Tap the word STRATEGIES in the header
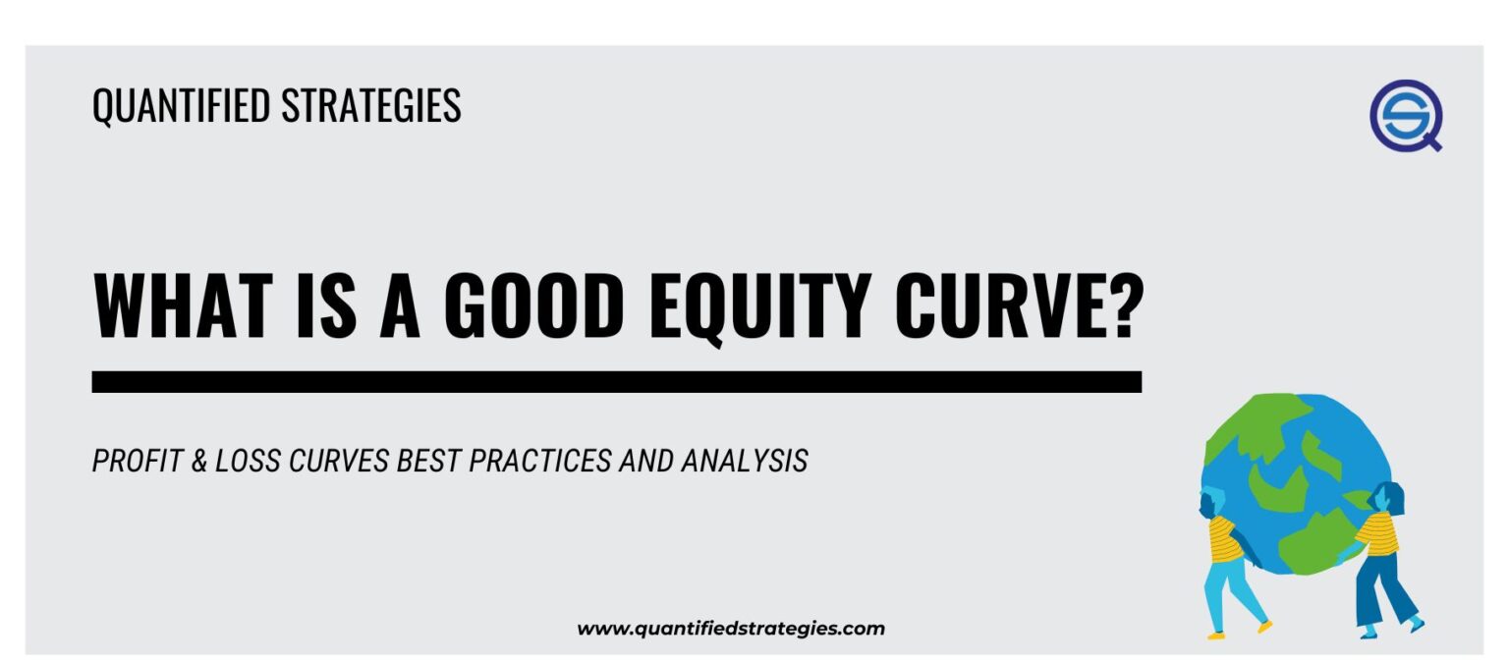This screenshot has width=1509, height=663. pos(370,106)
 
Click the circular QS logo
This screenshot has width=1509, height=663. pos(1405,115)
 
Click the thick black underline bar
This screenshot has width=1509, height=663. pos(616,382)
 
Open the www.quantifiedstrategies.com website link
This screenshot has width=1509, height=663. pos(730,629)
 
